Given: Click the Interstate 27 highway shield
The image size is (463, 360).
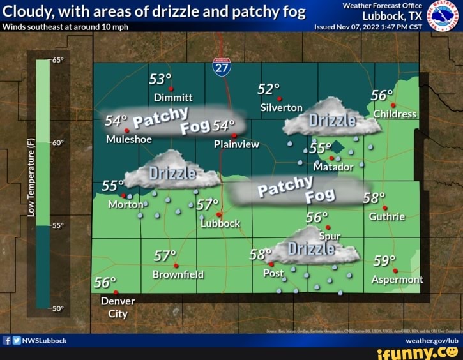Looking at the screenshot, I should pos(222,67).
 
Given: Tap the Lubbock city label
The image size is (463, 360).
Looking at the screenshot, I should pos(220,223).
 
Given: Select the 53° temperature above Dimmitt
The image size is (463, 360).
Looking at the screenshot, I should pos(160,79).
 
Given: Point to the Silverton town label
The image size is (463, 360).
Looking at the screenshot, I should pos(282,108).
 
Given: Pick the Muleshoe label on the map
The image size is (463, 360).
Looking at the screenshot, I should pos(129,139).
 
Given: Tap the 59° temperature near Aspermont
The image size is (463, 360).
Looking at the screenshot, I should pos(384,260).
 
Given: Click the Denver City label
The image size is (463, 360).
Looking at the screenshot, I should pos(118,307).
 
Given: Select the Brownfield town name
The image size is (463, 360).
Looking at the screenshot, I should pos(178,274).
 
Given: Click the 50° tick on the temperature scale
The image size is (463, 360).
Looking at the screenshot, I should pos(58,308).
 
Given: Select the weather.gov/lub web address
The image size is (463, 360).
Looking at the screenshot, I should pos(431,340).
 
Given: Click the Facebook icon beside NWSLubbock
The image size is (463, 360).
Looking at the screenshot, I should pos(7,340).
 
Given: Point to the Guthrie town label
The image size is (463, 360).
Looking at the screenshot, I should pos(387,216).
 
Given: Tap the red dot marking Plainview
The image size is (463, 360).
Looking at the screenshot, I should pos(234,135).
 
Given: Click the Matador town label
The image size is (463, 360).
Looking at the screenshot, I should pos(333,167).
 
